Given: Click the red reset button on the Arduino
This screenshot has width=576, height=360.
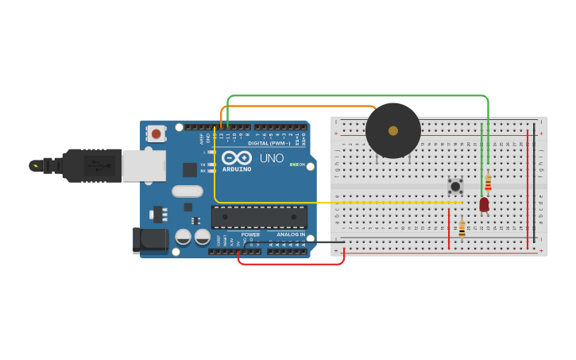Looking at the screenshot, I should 157,134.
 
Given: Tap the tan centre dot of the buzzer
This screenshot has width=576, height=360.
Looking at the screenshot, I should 393,130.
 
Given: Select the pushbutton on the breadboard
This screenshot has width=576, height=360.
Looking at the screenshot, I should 455,186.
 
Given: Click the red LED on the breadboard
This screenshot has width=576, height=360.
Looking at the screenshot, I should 484,204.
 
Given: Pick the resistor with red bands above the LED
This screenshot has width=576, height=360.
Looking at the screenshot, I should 488,184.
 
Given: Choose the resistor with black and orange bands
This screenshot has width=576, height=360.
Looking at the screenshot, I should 462,229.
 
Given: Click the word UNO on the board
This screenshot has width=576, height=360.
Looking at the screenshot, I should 272,157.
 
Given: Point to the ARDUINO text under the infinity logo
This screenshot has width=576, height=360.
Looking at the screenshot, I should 237,169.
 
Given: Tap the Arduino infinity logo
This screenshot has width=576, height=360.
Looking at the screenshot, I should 237,157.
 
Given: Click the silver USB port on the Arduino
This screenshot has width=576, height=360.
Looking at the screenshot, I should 144,165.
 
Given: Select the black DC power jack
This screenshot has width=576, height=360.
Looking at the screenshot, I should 150,241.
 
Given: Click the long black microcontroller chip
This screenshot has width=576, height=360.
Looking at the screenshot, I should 259,217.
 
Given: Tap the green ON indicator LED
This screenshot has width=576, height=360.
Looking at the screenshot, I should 292,165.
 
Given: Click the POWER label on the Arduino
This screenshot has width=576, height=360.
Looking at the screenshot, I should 250,234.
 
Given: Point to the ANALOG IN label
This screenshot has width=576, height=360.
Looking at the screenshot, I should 290,234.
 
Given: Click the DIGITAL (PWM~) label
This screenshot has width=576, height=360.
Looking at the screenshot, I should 269,143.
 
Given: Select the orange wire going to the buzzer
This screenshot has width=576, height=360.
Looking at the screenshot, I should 302,106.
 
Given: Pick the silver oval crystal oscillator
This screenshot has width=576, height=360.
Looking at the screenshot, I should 187,191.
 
